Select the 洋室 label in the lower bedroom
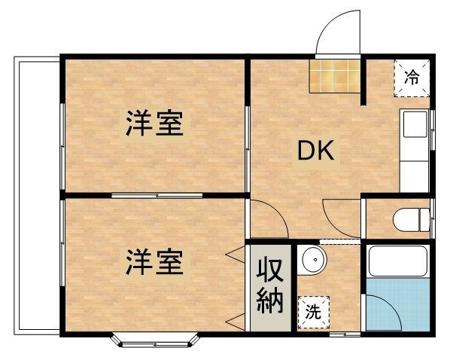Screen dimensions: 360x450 pyautogui.click(x=154, y=263)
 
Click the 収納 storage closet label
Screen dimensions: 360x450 pyautogui.click(x=271, y=286)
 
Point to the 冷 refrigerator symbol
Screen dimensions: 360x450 pyautogui.click(x=412, y=76)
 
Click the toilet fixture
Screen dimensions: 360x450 pyautogui.click(x=411, y=220)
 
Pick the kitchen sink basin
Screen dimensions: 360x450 pyautogui.click(x=414, y=125)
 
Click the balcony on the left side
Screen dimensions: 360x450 pyautogui.click(x=36, y=196)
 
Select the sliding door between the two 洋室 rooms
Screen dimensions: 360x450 pyautogui.click(x=157, y=196)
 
